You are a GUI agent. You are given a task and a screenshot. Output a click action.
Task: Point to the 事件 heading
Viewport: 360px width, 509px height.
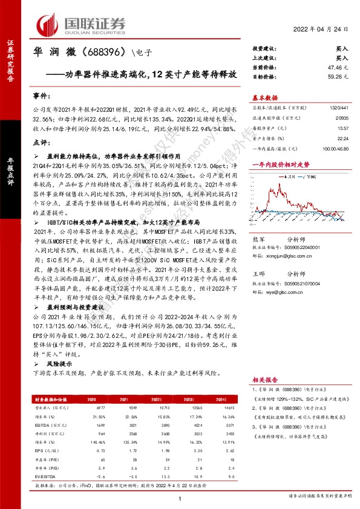(41, 96)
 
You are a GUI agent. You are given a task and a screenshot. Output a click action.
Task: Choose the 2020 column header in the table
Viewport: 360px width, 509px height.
(92, 400)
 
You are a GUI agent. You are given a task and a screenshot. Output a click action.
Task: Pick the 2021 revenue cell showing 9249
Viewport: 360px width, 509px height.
(124, 409)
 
